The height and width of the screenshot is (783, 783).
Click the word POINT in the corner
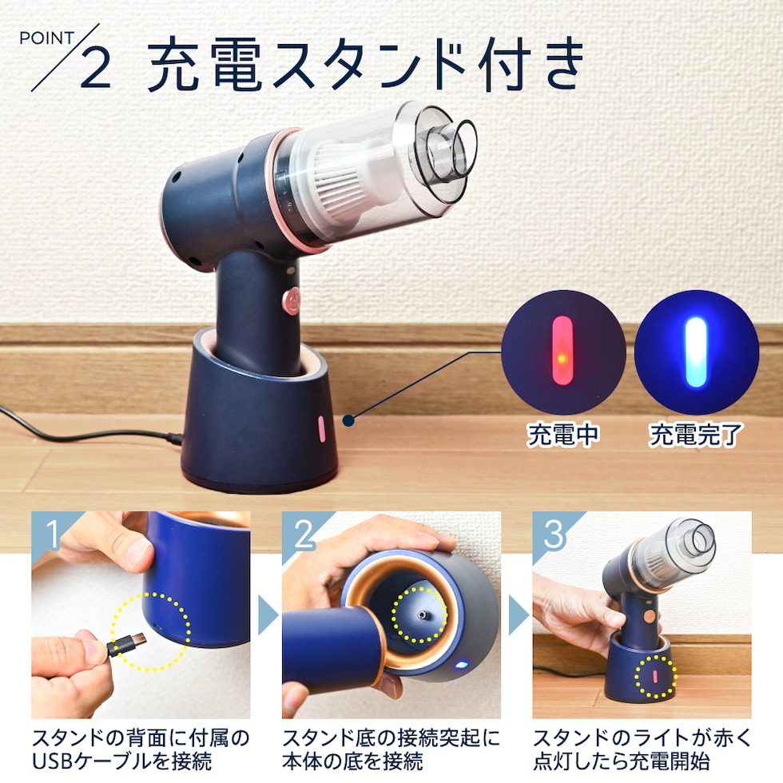[x=46, y=38]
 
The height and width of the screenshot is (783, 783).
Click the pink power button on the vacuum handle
[x=291, y=301]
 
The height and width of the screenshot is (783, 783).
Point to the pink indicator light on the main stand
[x=321, y=429]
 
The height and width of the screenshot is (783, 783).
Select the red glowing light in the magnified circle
[x=562, y=351]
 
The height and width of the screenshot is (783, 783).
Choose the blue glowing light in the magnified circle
[x=696, y=352]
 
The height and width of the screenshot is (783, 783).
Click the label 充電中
[x=562, y=435]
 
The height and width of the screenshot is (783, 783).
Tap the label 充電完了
[x=696, y=435]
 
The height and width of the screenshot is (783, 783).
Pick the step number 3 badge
[x=553, y=534]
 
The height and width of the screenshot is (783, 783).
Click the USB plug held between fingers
[x=126, y=644]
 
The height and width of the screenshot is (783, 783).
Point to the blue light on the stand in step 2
[x=460, y=665]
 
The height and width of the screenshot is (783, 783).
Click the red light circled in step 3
[x=654, y=676]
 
